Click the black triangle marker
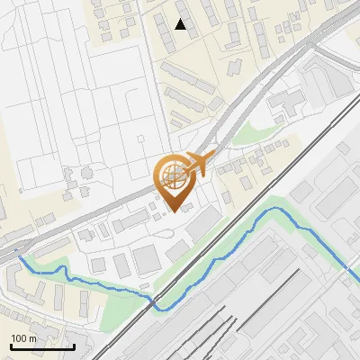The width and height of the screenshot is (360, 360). [x=181, y=24]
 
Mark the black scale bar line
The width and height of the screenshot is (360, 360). [x=41, y=346]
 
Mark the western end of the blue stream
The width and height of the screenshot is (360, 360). [x=20, y=257]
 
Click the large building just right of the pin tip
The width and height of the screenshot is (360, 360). [x=203, y=220]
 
